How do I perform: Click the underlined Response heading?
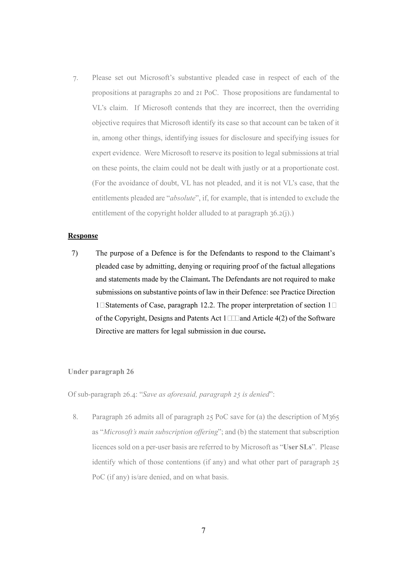click(83, 236)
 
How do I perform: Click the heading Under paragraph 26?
click(101, 372)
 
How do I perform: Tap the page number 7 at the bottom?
click(203, 530)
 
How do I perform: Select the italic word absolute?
click(182, 198)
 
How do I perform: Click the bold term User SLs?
click(297, 447)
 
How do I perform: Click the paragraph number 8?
click(75, 417)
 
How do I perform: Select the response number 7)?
click(75, 253)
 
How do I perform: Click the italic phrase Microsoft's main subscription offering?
click(161, 432)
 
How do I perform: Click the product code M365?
click(330, 417)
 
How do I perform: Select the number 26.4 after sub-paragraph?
click(130, 394)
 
